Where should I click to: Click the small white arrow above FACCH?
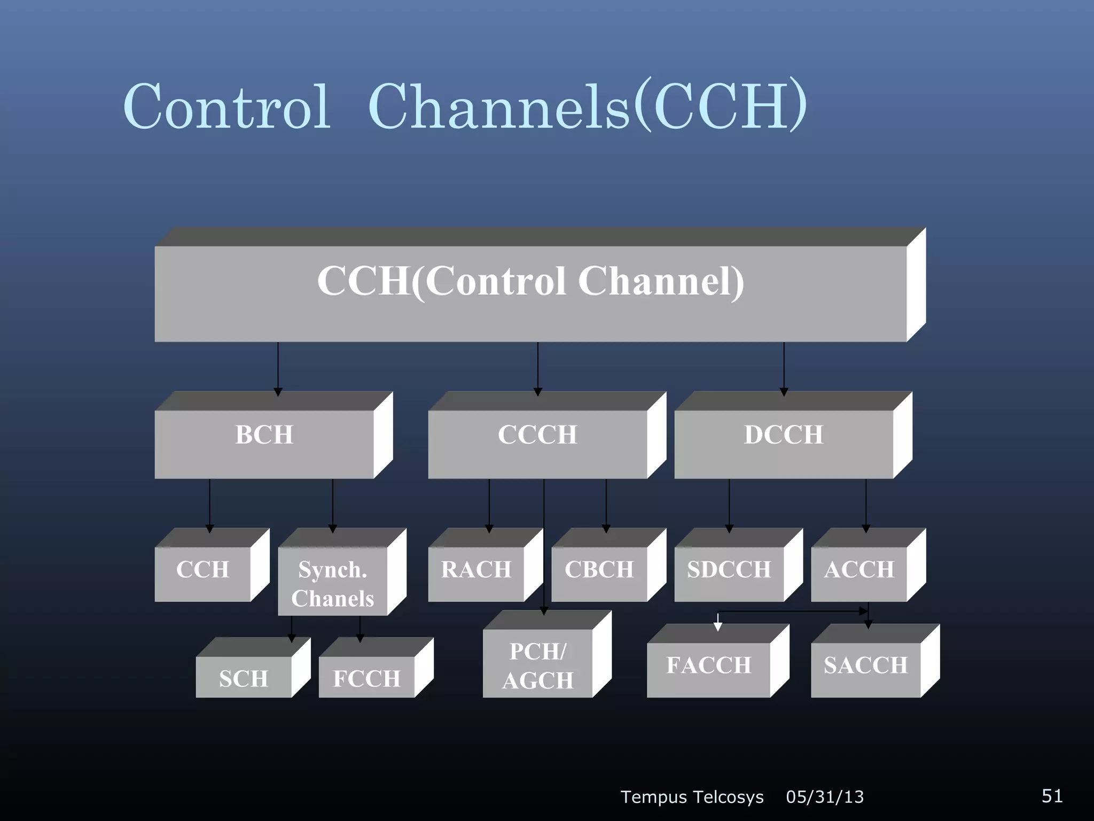(x=718, y=623)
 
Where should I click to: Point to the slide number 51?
(x=1052, y=796)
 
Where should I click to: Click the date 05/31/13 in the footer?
(x=825, y=797)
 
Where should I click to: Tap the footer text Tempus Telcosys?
(x=692, y=797)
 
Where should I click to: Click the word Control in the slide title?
(x=227, y=106)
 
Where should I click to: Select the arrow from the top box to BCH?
(x=278, y=369)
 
